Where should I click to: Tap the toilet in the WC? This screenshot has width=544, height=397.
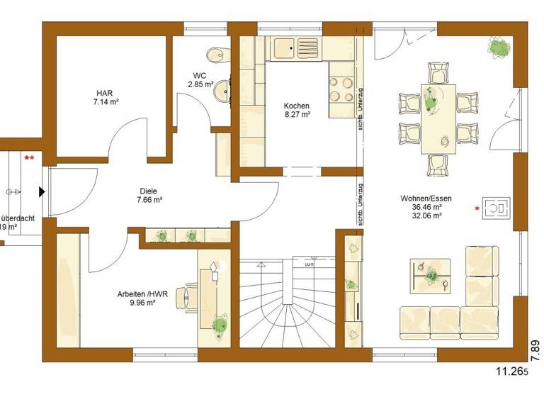(213, 56)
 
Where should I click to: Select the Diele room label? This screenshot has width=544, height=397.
(148, 190)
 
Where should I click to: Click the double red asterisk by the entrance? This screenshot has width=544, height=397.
(29, 157)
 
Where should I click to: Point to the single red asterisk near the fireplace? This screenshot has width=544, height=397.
(477, 208)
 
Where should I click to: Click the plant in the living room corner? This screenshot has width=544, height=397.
(500, 48)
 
